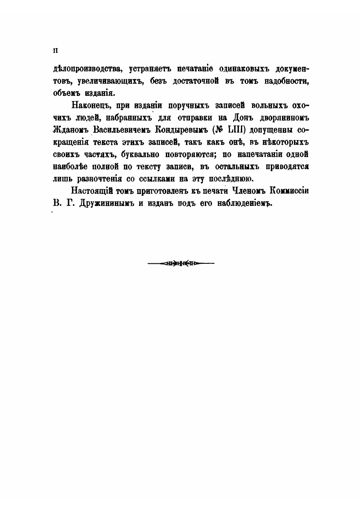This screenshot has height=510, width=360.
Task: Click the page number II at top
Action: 54,50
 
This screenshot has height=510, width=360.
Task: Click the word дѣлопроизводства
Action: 81,69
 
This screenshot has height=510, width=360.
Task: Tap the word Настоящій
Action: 90,191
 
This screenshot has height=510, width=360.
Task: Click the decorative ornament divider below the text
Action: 180,263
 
